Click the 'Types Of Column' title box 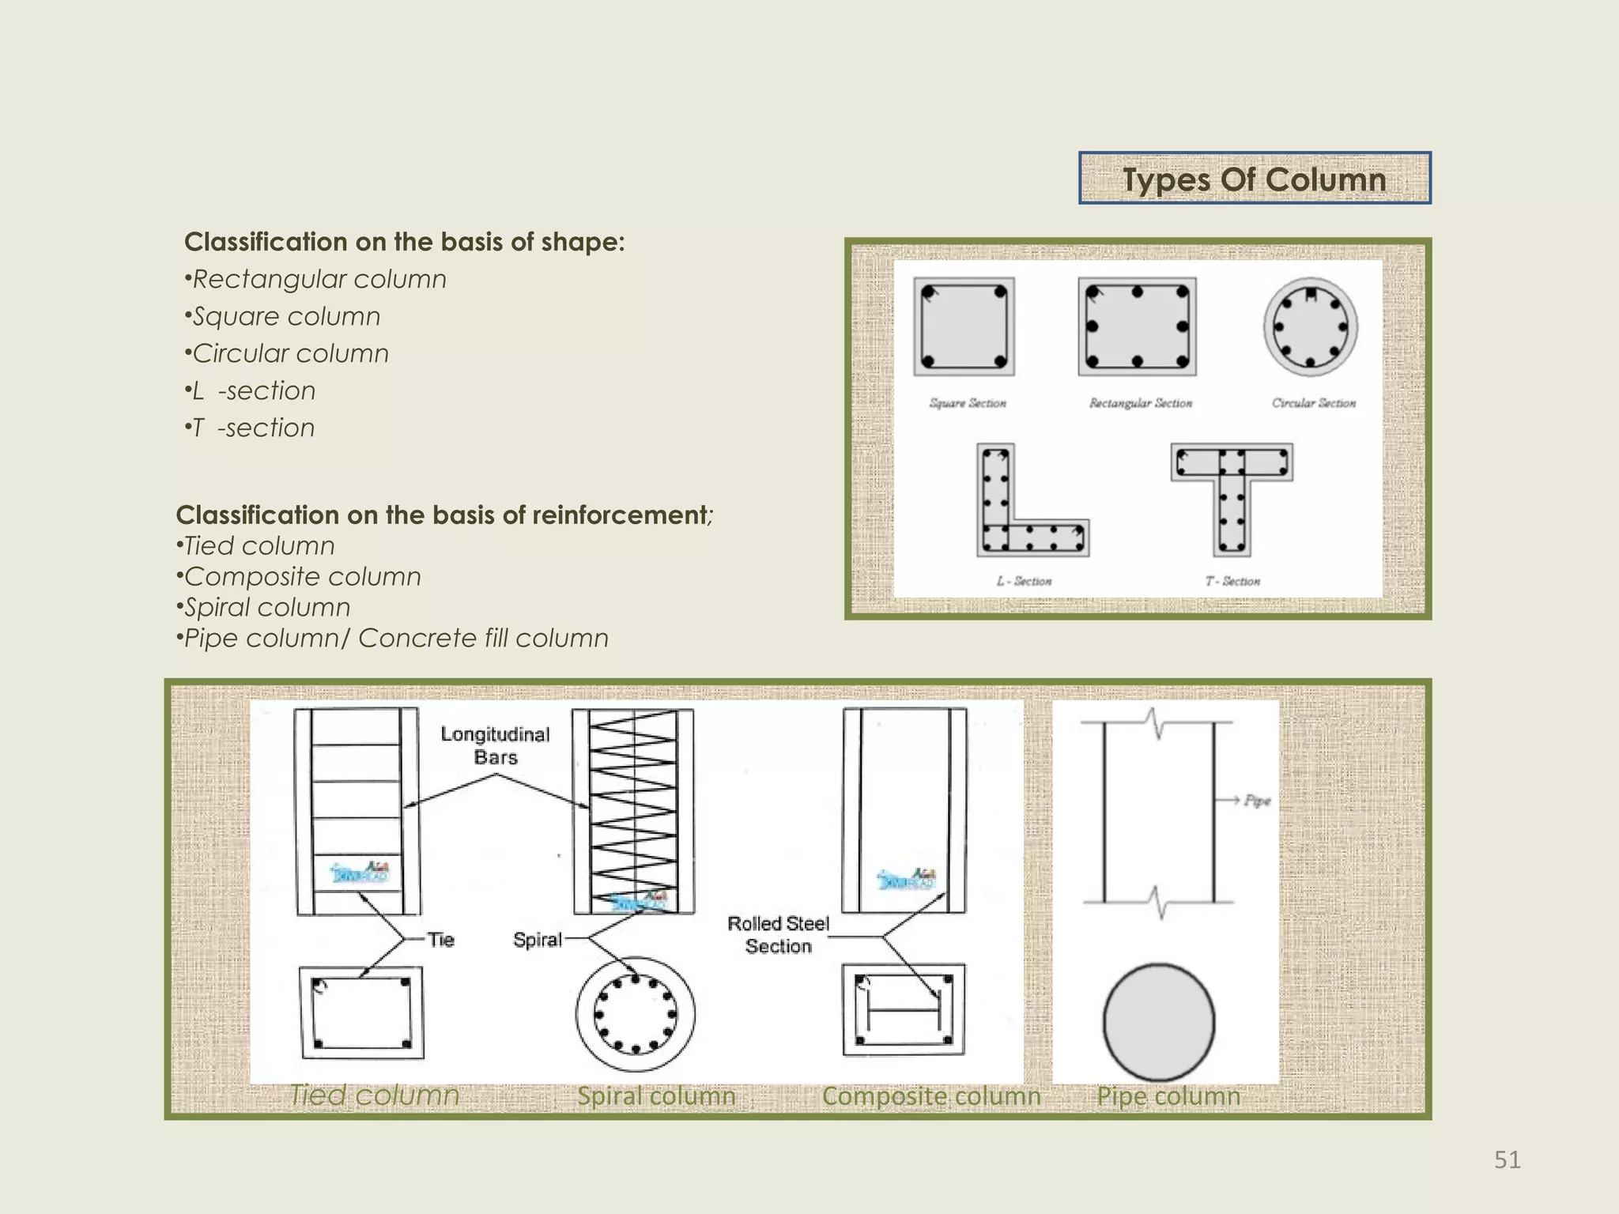(1255, 179)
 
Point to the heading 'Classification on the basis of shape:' (404, 242)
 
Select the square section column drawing (964, 326)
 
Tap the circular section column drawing (1310, 326)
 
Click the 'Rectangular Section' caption (1140, 403)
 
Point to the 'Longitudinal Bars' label (495, 745)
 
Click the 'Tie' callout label (440, 939)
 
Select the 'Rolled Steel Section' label (778, 934)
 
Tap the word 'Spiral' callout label (537, 940)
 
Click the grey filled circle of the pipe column (1158, 1022)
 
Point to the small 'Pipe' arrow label (1257, 801)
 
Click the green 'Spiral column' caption (656, 1096)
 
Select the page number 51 (1507, 1159)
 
